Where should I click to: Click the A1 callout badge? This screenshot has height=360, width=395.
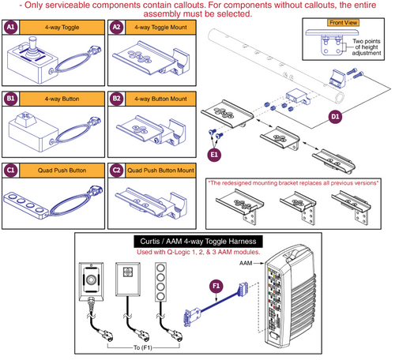point(11,26)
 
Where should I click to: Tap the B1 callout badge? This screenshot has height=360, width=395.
point(11,100)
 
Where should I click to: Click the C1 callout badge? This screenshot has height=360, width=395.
point(11,168)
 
